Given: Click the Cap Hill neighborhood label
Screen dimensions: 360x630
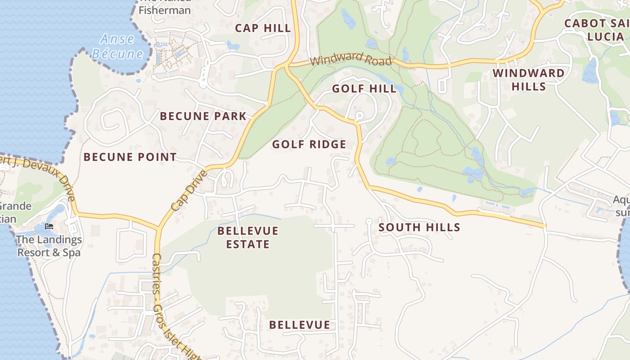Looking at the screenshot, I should point(263,28).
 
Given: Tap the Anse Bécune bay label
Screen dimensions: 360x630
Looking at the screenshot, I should point(117,46).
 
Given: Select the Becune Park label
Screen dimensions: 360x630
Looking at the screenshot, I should point(203,116).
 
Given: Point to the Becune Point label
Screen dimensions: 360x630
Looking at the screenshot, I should point(130,157).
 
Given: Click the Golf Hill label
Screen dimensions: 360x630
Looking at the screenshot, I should point(364,89).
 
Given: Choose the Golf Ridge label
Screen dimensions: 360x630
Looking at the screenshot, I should point(309,144).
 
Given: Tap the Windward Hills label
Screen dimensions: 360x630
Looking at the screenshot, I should point(528,80).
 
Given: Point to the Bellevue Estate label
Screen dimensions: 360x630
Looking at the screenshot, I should point(248,238).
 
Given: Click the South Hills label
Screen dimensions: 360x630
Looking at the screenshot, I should point(419,227).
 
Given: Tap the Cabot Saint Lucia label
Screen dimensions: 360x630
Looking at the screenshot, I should point(597,30).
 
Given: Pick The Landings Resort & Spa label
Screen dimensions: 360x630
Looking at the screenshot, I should point(49,246).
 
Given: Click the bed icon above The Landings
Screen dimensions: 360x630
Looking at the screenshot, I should point(49,226).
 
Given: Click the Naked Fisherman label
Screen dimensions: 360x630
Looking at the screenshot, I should point(165,7).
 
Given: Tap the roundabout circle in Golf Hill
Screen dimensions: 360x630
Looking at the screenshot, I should point(359,116).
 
